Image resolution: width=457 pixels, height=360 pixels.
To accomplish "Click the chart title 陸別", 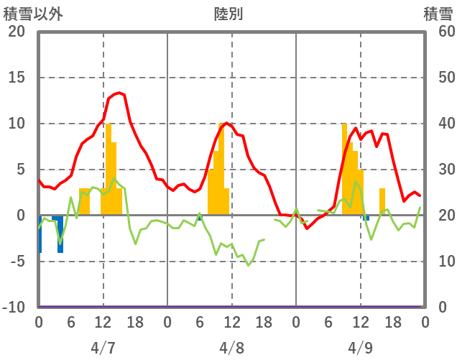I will (228, 14).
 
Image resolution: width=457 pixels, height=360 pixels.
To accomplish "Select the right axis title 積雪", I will (437, 14).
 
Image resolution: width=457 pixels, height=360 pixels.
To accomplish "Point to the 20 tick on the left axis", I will (16, 32).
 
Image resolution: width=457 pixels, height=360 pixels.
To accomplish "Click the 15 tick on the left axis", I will (16, 78).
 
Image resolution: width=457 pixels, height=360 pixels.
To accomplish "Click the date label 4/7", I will (103, 348).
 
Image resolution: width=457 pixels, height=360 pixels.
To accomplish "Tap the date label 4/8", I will (232, 348).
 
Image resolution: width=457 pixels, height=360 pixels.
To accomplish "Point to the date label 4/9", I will (361, 348).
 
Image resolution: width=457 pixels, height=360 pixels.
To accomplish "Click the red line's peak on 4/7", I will (119, 93).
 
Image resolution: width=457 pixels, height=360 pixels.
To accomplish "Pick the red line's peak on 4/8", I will (227, 123).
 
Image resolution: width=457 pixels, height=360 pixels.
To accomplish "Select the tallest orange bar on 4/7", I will (109, 169).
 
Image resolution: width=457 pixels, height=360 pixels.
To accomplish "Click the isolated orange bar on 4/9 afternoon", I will (382, 201).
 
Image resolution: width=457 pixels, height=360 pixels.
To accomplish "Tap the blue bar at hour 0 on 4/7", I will (40, 234).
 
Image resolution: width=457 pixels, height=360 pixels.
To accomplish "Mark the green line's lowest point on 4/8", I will (249, 265).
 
